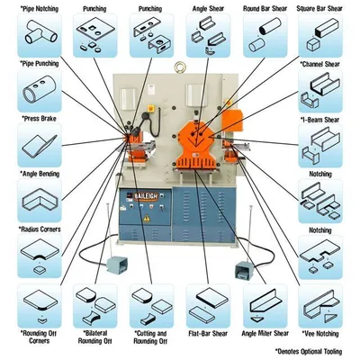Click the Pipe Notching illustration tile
40,35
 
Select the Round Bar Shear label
265,9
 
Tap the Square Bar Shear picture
320,35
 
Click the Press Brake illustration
40,145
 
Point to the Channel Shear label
320,64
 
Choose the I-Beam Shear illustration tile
320,146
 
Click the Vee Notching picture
320,306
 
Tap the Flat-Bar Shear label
208,334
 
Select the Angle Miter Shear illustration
265,306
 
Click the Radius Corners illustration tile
40,256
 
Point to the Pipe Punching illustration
40,90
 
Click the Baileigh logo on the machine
146,197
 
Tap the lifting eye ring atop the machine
181,67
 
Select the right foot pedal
244,269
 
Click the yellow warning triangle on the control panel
147,219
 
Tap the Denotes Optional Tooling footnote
309,351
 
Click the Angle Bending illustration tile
40,201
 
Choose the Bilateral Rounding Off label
95,337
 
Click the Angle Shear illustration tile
208,35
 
